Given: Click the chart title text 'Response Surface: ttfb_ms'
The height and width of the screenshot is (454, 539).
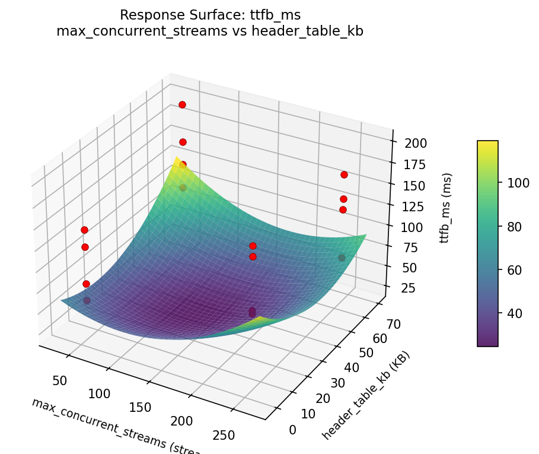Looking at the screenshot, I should point(210,15).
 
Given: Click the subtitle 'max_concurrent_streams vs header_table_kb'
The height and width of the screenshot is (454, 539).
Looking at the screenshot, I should point(210,31).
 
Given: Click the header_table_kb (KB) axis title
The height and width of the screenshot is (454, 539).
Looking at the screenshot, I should point(366,395).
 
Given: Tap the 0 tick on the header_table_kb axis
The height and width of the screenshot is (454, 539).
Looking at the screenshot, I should point(292,429).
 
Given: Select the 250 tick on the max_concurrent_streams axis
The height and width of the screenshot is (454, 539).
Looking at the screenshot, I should point(224,435).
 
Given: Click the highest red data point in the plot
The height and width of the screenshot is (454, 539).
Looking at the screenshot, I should point(182,104).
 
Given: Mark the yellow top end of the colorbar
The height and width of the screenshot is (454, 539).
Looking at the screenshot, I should point(487,142).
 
